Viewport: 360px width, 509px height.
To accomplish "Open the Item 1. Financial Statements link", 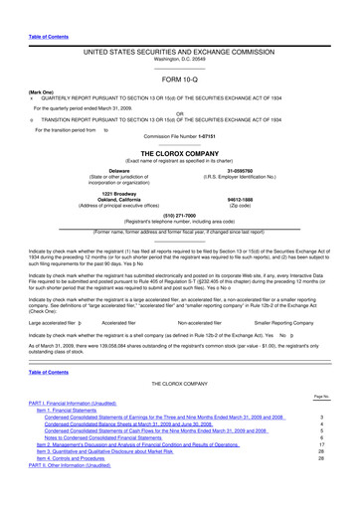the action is (76, 434).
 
